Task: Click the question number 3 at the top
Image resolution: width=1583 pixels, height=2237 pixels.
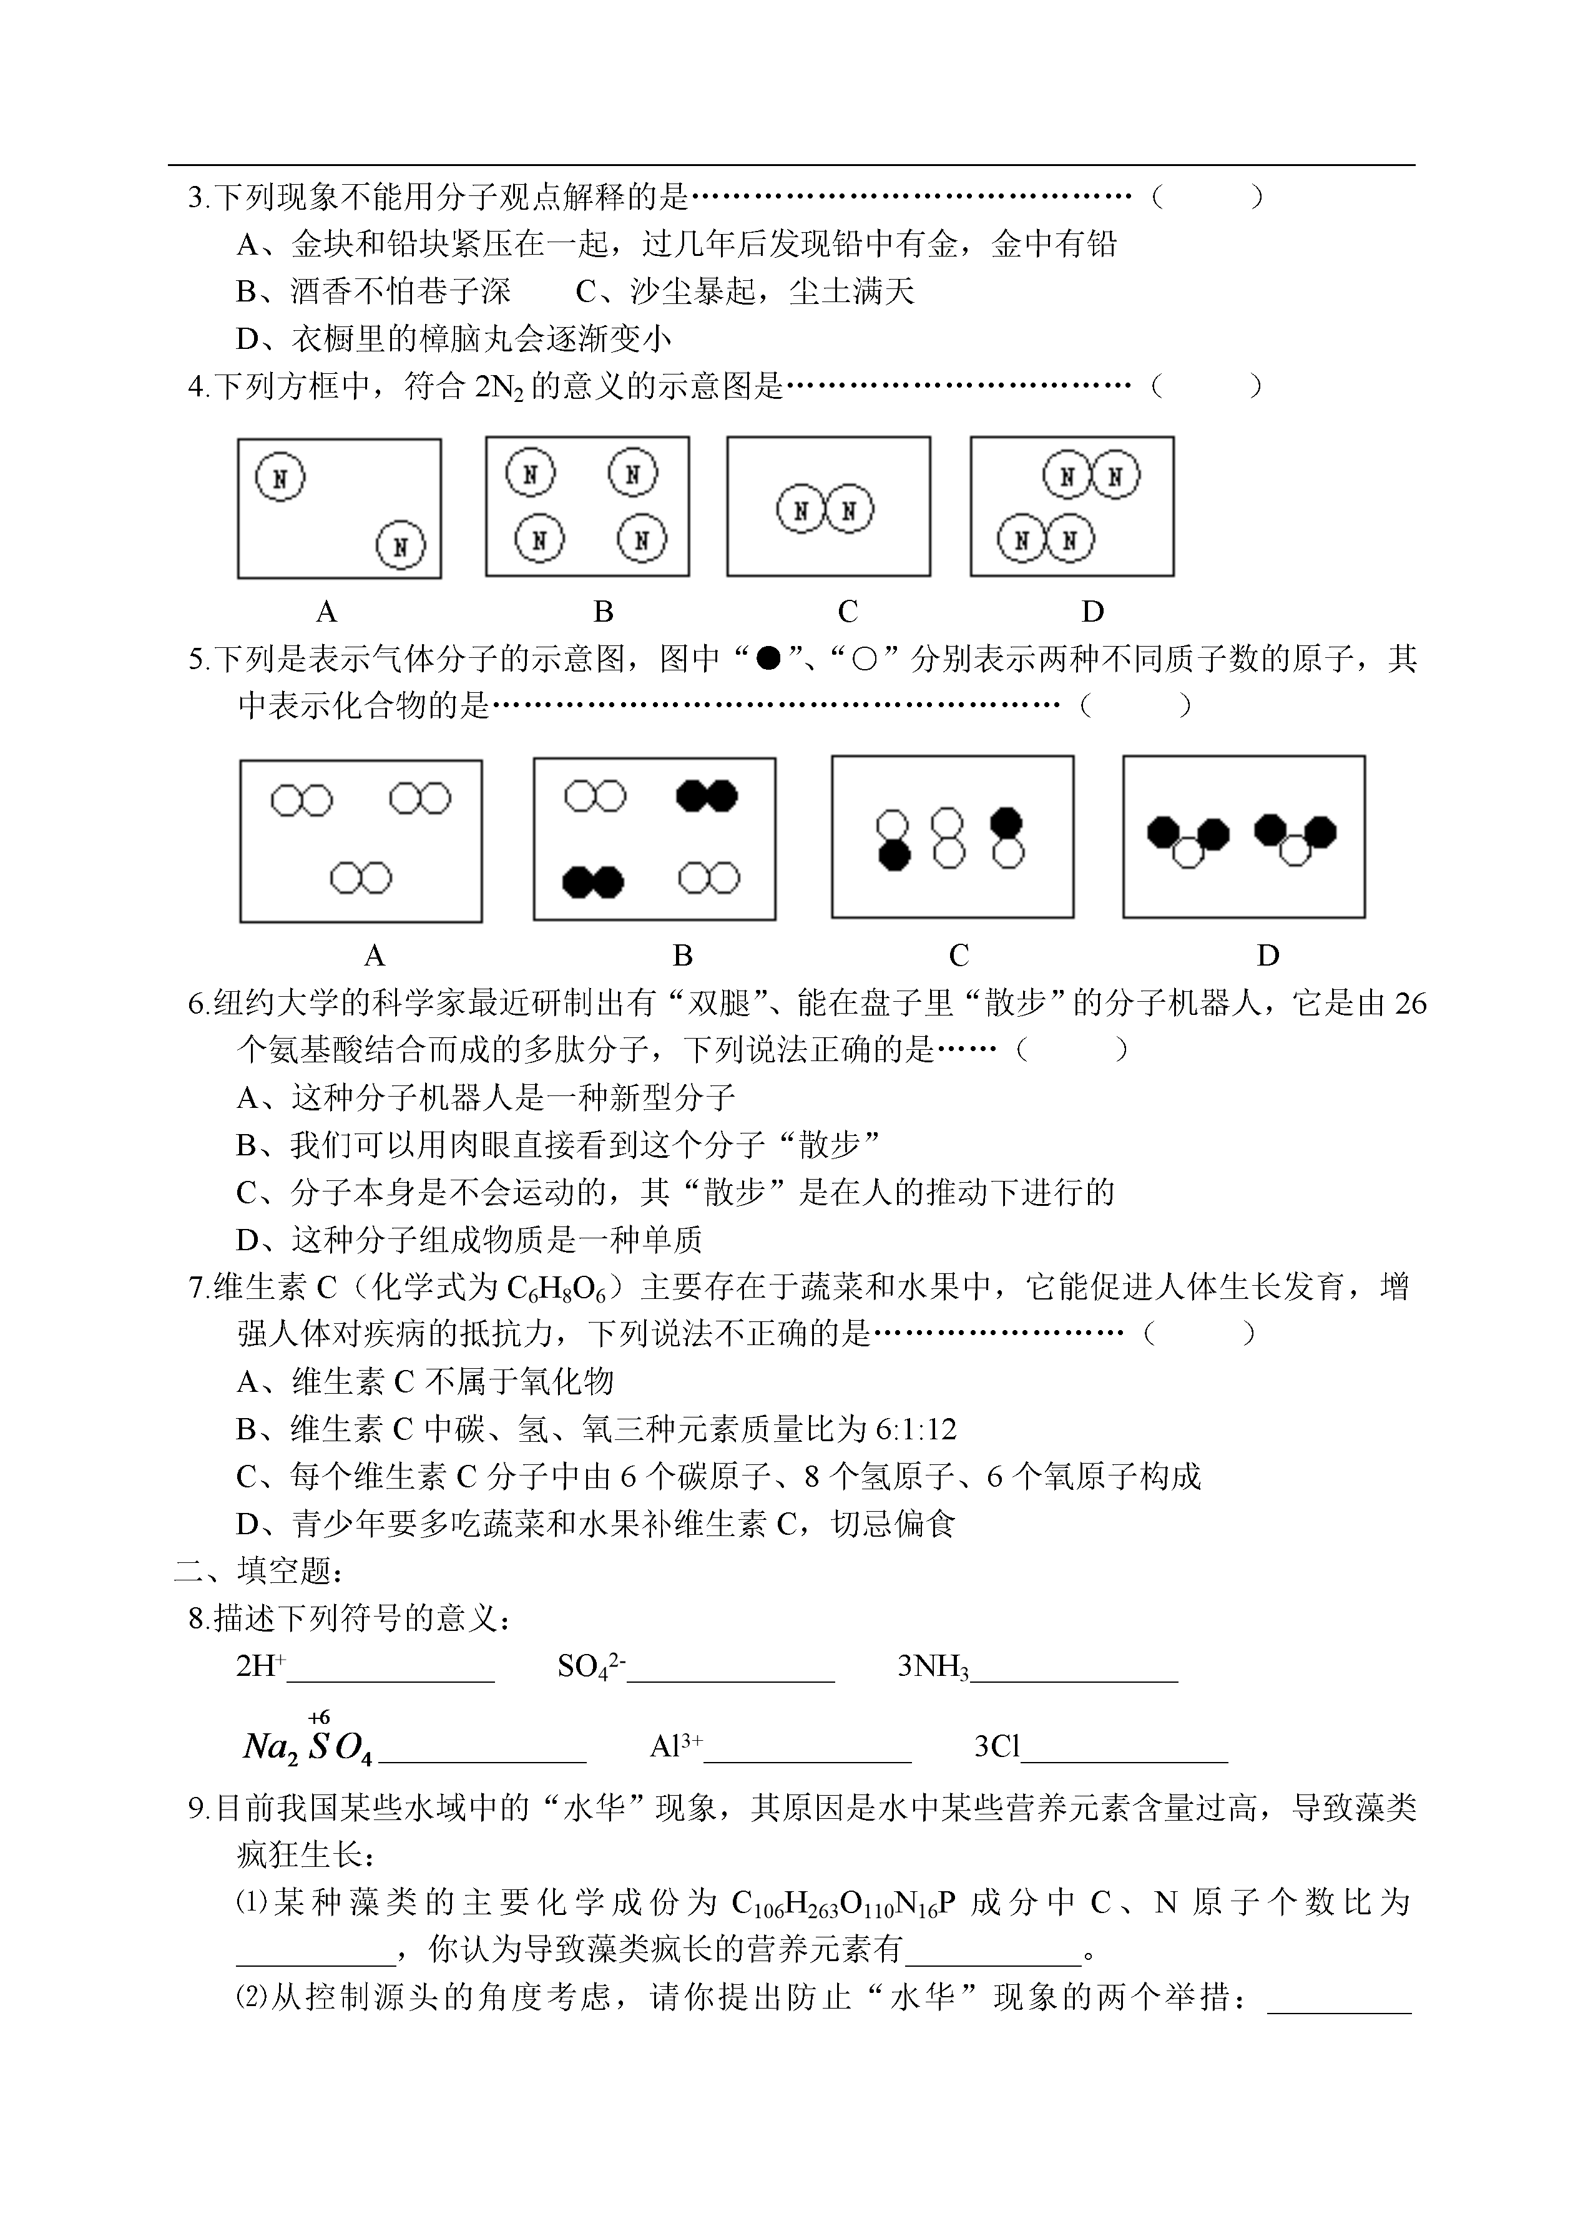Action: [x=195, y=198]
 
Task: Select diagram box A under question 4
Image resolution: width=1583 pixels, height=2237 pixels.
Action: [x=339, y=508]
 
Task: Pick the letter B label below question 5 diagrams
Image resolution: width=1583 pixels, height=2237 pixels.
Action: [x=682, y=955]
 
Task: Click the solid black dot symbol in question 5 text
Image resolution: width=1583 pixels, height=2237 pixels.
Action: [x=769, y=659]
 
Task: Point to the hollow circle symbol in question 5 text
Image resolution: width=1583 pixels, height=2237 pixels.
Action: [x=865, y=660]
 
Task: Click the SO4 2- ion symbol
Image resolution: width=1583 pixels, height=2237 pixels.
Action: [x=591, y=1667]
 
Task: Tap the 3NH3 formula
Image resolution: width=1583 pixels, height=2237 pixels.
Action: [x=933, y=1667]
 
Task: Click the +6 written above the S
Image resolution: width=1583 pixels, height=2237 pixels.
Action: [x=319, y=1718]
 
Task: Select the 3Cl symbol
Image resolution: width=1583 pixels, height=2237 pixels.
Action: [x=996, y=1746]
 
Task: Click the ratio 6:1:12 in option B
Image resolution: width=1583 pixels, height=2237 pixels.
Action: [x=916, y=1430]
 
